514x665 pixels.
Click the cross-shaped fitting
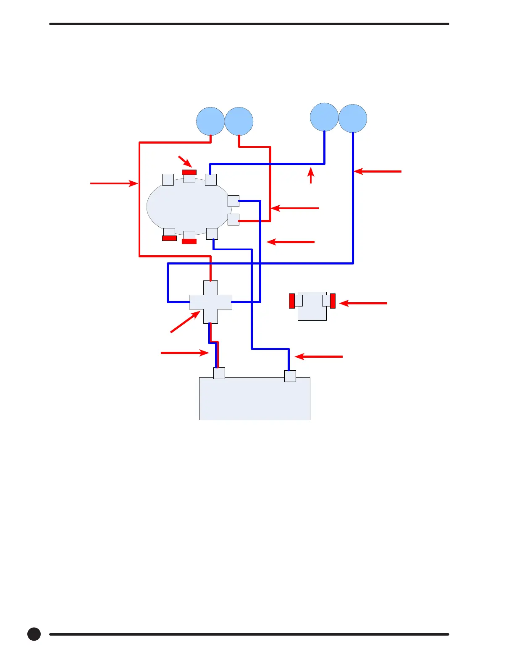210,302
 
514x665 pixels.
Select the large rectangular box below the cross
254,399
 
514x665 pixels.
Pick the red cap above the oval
189,172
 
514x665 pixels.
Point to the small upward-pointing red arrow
311,175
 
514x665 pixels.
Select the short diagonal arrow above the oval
185,161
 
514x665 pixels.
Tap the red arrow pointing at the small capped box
363,303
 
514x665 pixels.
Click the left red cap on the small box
292,301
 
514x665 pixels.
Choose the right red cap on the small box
333,301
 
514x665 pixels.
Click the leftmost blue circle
210,121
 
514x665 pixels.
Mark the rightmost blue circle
353,118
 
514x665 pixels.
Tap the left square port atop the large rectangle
219,373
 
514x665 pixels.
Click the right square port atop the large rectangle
290,376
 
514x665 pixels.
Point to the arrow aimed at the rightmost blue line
378,171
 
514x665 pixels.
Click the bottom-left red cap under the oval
169,238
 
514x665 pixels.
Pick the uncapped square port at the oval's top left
168,180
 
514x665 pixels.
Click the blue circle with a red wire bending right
239,121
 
